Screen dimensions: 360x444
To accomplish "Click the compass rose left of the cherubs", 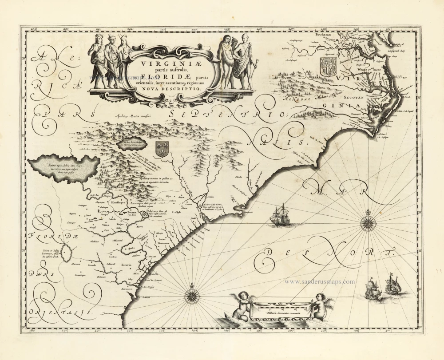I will point(193,293).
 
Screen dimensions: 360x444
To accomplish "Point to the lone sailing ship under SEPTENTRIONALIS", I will point(280,215).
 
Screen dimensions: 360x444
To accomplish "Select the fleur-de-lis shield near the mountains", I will point(162,148).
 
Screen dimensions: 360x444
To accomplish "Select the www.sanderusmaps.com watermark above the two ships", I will point(319,281).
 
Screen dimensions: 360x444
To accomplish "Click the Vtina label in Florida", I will point(105,225).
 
